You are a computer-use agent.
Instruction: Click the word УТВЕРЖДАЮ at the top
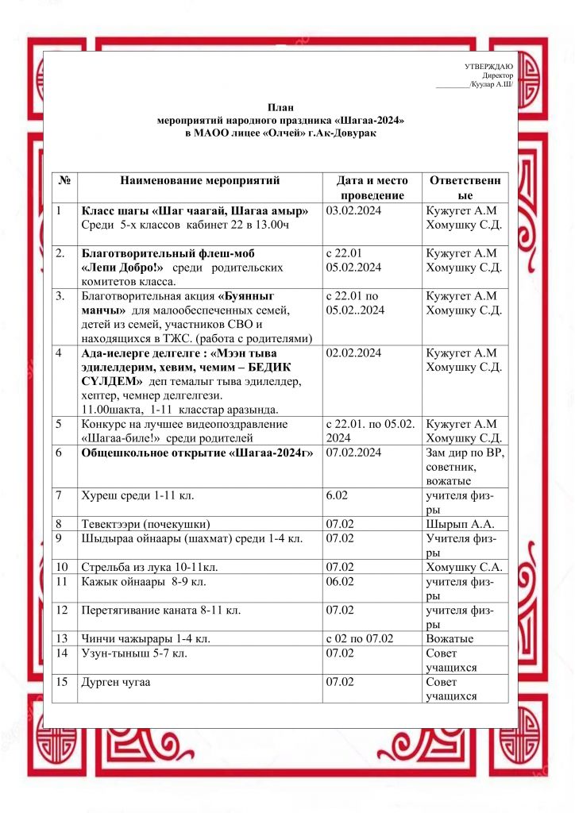click(488, 66)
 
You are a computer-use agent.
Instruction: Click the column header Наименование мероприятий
click(200, 181)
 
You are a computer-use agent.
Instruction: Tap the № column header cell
click(64, 181)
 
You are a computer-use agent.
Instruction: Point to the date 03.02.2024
click(354, 210)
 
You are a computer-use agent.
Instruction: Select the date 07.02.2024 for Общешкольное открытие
click(354, 453)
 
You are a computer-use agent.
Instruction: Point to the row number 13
click(62, 638)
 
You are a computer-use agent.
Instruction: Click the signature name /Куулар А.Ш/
click(491, 83)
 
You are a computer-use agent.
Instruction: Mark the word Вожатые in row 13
click(450, 638)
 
